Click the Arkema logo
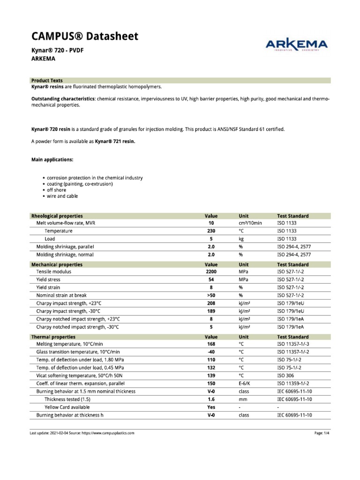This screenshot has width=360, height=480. point(297,45)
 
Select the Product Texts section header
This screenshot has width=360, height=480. point(47,80)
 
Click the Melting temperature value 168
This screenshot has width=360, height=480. point(211,344)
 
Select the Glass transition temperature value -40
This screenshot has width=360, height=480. point(211,352)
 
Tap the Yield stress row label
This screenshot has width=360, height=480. point(48,279)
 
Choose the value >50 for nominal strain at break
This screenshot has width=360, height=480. point(211,295)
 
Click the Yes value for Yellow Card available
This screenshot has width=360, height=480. point(211,407)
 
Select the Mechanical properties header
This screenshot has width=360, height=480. point(57,264)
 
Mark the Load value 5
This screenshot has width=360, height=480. point(211,239)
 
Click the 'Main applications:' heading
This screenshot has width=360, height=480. point(52,159)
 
